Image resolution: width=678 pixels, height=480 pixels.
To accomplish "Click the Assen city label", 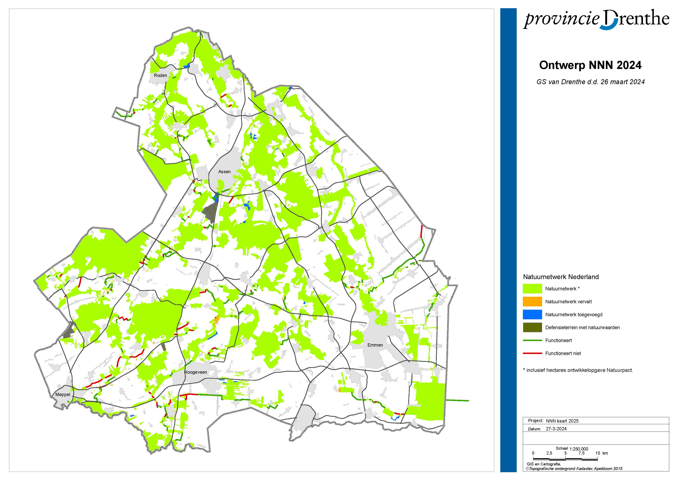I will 224,172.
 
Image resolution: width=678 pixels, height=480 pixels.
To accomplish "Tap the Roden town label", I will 160,75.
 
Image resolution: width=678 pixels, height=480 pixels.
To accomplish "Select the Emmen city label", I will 375,345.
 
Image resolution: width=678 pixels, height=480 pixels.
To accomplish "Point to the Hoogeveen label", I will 196,372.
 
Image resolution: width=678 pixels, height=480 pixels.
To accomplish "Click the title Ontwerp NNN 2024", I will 590,65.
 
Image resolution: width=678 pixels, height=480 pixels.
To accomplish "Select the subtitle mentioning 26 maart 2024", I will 590,82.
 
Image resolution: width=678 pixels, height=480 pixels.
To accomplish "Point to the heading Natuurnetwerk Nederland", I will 561,277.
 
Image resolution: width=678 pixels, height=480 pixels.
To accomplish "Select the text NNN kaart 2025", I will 562,421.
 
